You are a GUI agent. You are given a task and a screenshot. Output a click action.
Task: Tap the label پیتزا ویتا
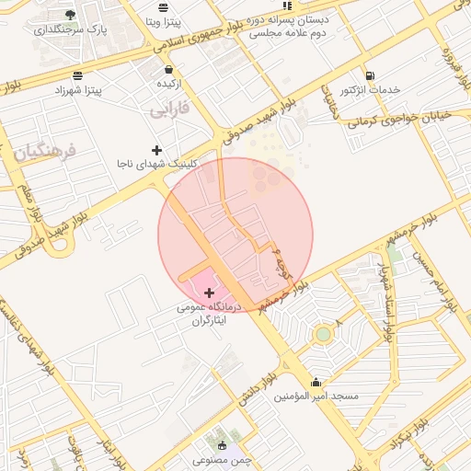[171, 19]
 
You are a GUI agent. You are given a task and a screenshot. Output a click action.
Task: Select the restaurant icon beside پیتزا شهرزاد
[78, 75]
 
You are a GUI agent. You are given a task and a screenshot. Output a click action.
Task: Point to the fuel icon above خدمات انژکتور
[370, 75]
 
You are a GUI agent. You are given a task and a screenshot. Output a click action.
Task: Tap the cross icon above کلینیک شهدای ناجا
[157, 149]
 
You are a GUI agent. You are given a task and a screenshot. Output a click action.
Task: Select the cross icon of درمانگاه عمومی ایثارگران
[210, 293]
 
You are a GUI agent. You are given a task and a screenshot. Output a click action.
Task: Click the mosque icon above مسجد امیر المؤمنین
[316, 382]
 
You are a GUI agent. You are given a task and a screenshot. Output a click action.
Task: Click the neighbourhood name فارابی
[169, 109]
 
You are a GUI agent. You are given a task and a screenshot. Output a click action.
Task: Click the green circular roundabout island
[322, 334]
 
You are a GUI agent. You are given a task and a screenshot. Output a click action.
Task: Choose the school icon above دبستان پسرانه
[287, 5]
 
